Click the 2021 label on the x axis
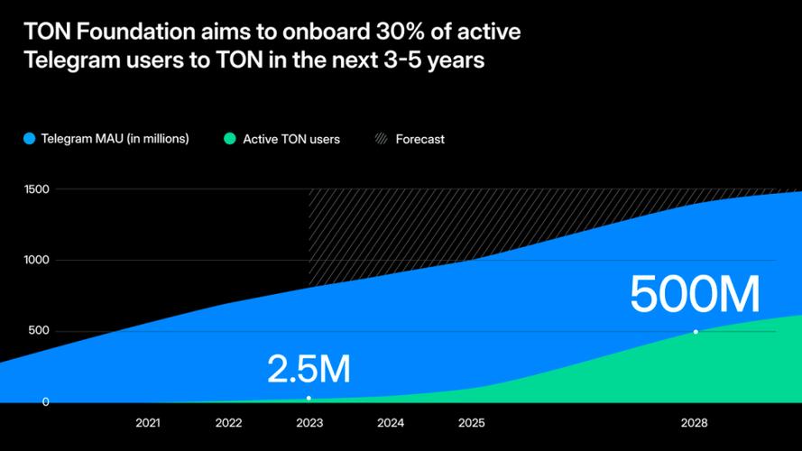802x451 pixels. [148, 422]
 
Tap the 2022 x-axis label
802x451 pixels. [228, 422]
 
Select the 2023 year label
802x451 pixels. [309, 422]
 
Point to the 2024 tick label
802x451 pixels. [391, 422]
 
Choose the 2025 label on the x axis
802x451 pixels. [471, 422]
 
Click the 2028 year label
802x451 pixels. [694, 422]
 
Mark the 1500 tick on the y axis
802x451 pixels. [37, 189]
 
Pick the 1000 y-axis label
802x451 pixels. [37, 260]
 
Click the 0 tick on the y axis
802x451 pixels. [45, 401]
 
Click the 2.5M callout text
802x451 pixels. [309, 369]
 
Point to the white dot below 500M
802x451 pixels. [696, 332]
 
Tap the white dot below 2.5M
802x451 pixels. [309, 398]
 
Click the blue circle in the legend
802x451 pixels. [29, 139]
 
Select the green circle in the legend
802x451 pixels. [229, 139]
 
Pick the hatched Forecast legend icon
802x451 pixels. [382, 139]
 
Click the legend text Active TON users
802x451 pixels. [291, 140]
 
